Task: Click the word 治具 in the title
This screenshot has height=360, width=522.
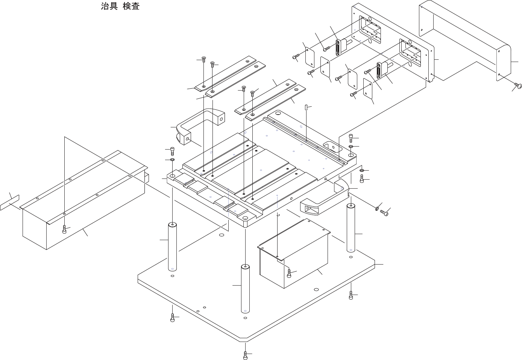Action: point(110,6)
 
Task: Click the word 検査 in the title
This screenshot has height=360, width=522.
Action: point(131,6)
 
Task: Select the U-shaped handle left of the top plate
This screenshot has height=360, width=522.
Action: point(199,126)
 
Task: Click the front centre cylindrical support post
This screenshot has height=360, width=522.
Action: point(245,289)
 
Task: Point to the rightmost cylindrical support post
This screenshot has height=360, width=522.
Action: point(351,228)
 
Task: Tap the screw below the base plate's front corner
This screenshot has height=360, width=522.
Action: point(245,355)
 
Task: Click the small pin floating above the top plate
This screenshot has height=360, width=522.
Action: point(306,107)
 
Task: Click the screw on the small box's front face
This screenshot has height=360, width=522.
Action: point(289,273)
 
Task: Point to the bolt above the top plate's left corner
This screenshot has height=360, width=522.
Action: point(173,151)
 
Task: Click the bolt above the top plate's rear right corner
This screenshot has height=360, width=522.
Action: point(351,138)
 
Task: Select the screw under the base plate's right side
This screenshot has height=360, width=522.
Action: point(351,296)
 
